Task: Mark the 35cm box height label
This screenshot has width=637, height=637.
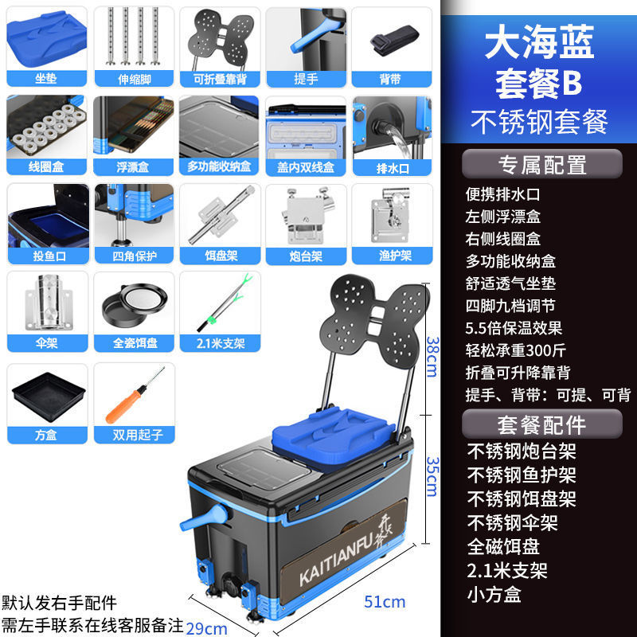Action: pyautogui.click(x=430, y=477)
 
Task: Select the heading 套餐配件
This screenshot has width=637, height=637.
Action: pyautogui.click(x=541, y=424)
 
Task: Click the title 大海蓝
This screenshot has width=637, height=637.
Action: pyautogui.click(x=541, y=45)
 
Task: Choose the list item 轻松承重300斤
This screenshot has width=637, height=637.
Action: pyautogui.click(x=514, y=350)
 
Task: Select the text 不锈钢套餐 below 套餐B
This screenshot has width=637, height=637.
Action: pyautogui.click(x=540, y=121)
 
